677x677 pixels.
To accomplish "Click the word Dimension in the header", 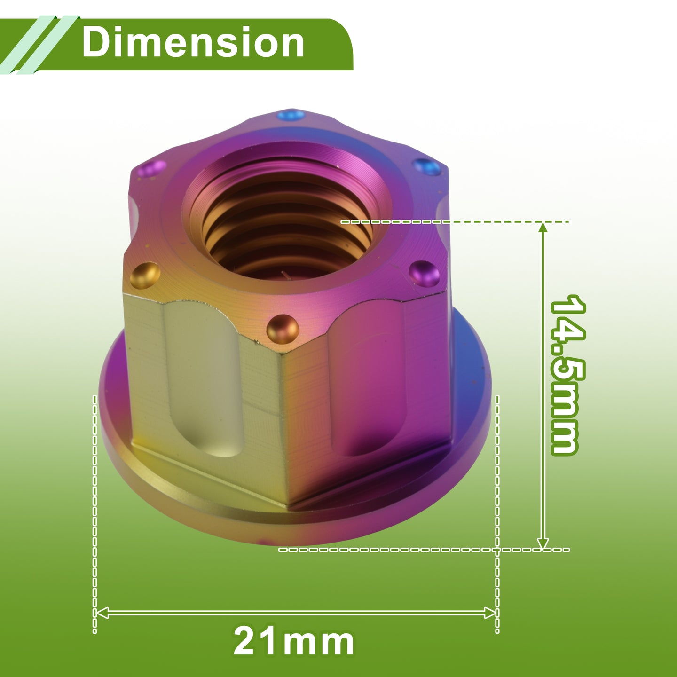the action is [193, 42].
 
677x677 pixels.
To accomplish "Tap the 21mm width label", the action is [294, 642].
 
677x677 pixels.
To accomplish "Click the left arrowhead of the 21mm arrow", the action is [102, 613].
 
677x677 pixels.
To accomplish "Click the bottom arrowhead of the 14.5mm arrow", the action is [543, 543].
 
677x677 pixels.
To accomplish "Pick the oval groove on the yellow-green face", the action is [204, 379].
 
